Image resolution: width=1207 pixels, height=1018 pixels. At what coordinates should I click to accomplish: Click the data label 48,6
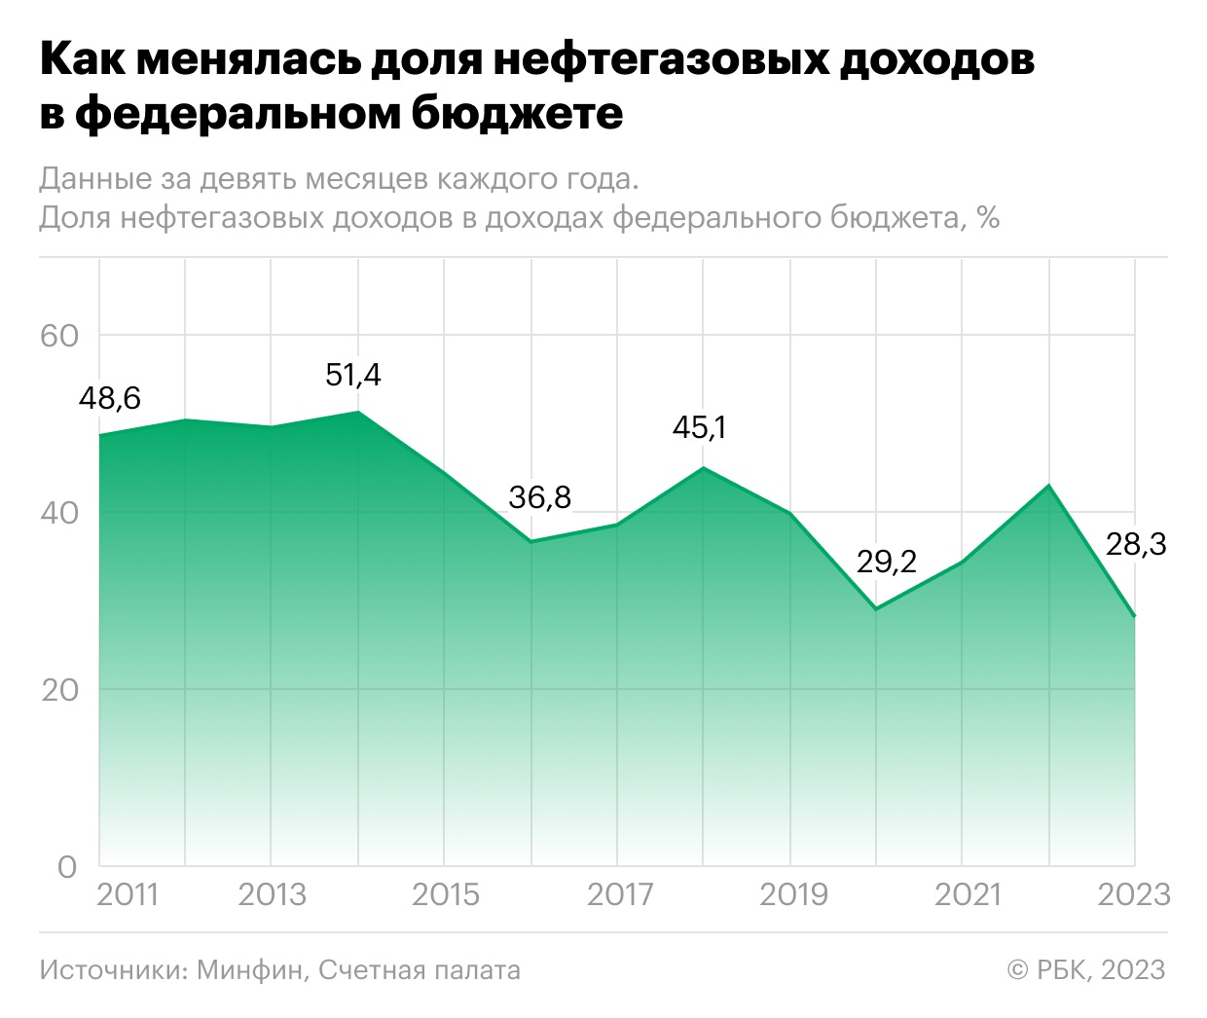coord(109,398)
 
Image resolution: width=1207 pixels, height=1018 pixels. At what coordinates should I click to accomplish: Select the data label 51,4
coord(353,375)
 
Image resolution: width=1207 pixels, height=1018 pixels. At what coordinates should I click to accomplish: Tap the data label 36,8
coord(539,497)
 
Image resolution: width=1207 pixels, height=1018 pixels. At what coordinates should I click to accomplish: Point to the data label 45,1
coord(699,427)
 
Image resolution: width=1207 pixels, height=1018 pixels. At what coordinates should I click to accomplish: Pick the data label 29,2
coord(886,562)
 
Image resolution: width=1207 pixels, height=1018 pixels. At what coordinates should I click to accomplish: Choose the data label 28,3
coord(1135,544)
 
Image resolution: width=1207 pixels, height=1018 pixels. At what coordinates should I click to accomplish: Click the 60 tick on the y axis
coord(58,336)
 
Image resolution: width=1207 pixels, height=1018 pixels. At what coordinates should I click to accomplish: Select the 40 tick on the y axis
coord(58,513)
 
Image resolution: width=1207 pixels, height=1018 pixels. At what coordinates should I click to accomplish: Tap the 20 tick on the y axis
coord(58,690)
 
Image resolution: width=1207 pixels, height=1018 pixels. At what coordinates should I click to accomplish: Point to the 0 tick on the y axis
coord(67,866)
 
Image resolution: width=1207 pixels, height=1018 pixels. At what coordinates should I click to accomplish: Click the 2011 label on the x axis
coord(128,894)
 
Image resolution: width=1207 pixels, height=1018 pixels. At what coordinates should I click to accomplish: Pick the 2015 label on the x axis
coord(445,894)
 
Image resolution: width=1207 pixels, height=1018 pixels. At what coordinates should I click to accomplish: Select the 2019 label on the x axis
coord(792,894)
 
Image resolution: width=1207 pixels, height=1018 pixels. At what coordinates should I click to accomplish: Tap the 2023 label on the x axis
coord(1133,894)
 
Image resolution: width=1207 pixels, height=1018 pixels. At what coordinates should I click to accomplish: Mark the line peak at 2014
coord(358,412)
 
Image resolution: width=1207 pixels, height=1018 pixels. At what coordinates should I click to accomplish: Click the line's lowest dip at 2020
coord(876,609)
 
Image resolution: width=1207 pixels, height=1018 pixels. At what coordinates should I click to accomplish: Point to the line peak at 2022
coord(1048,485)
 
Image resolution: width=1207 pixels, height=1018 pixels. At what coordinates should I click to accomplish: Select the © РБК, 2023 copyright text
coord(1085,970)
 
